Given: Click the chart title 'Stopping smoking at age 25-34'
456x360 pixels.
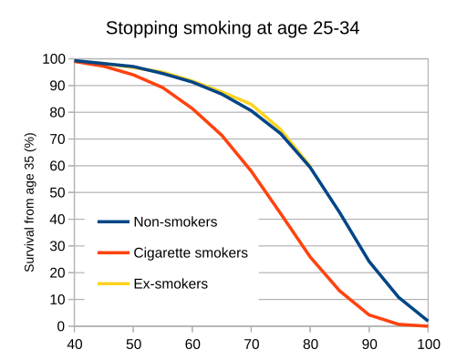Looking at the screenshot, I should [x=233, y=27].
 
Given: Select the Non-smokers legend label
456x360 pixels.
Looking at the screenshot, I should [x=174, y=221].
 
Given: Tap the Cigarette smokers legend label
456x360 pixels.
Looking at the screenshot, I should [x=190, y=252].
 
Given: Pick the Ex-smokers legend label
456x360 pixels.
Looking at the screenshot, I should [x=171, y=283].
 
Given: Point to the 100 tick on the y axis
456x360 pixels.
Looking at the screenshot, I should [x=54, y=59].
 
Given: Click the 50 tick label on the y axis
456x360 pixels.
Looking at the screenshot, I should [x=57, y=192].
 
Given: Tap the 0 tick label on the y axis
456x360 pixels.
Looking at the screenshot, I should [x=61, y=325].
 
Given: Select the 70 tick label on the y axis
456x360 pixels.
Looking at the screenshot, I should [x=57, y=139].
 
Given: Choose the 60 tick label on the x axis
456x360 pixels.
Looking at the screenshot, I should [x=192, y=344].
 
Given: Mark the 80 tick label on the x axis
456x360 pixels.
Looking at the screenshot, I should [x=310, y=344].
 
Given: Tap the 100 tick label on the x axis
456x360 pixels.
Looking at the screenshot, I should [x=427, y=344].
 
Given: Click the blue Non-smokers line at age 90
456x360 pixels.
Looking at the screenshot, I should [x=369, y=262].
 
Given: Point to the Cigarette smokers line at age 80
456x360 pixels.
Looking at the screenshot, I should [x=310, y=256].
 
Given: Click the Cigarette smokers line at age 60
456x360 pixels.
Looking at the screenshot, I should [x=192, y=108].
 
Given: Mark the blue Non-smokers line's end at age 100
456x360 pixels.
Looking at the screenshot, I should [x=427, y=320].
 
